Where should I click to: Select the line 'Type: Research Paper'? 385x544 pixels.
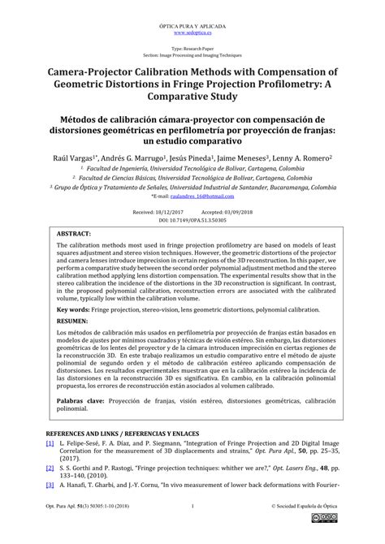click(x=192, y=50)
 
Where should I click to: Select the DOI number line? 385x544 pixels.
click(x=192, y=219)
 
